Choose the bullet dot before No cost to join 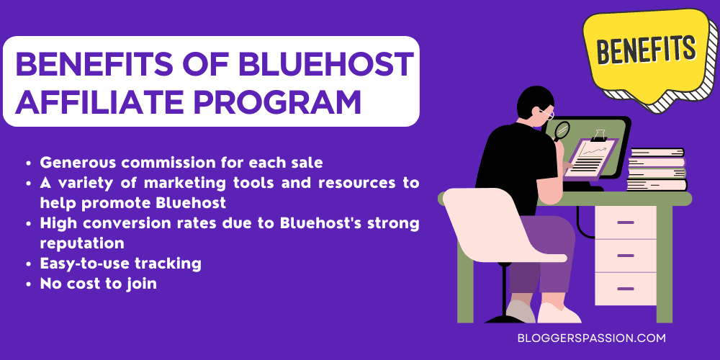[27, 284]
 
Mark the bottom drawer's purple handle [625, 288]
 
